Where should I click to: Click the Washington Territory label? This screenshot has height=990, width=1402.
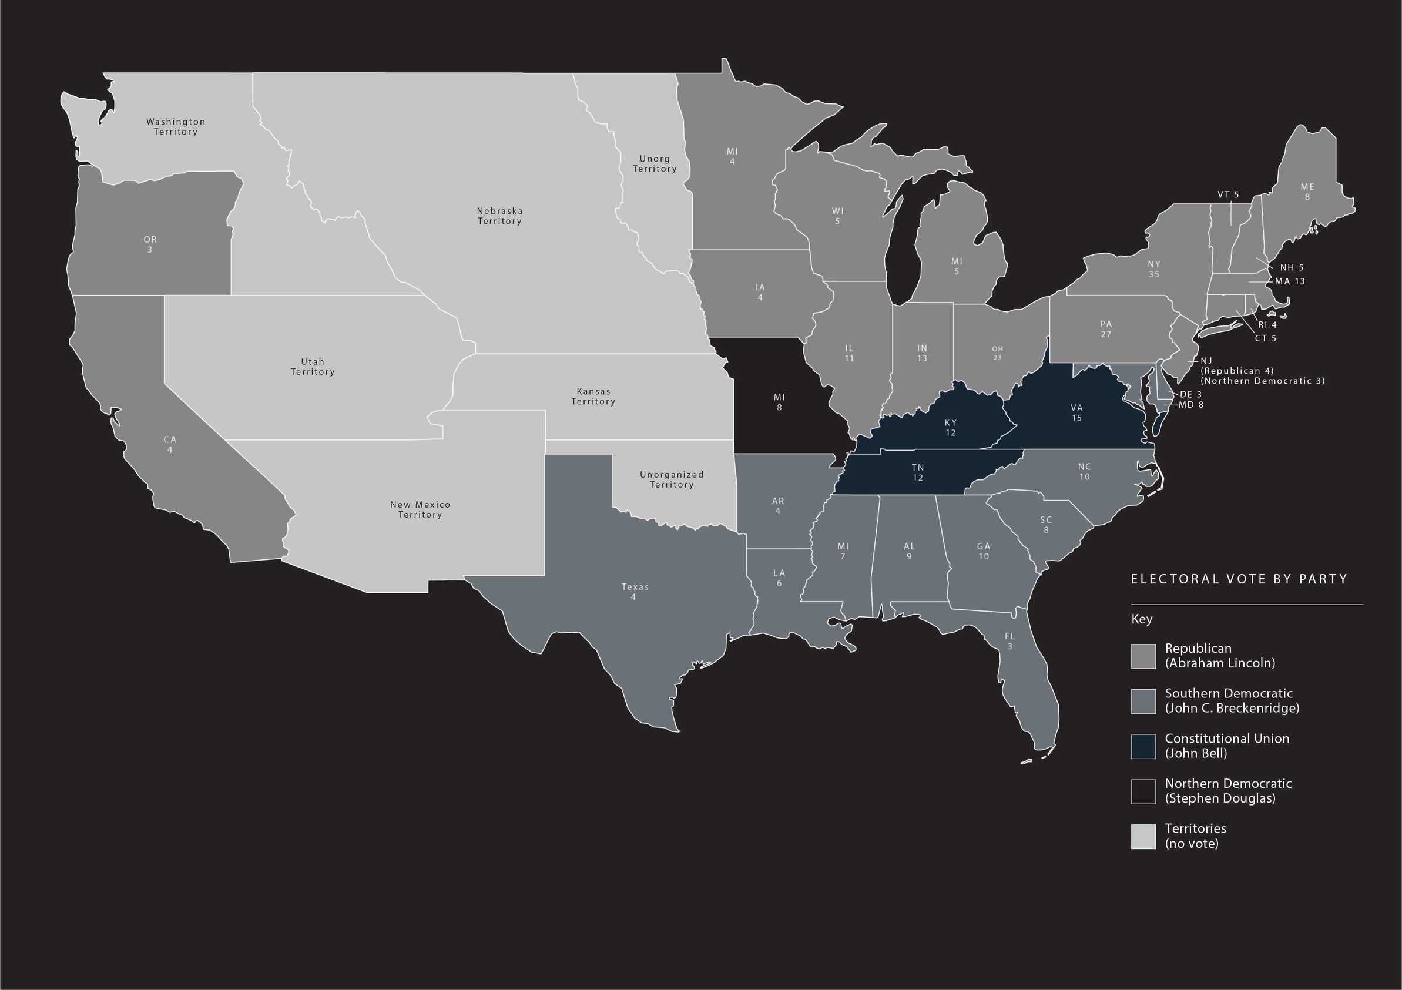click(x=176, y=126)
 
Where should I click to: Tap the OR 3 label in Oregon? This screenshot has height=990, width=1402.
click(x=150, y=244)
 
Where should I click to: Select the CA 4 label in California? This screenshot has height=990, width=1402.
click(x=170, y=444)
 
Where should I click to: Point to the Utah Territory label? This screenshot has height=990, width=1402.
click(x=313, y=367)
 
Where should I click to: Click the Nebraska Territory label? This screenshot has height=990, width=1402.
click(x=499, y=216)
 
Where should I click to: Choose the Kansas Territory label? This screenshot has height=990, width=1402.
click(x=593, y=396)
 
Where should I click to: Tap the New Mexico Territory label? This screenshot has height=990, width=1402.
click(x=420, y=509)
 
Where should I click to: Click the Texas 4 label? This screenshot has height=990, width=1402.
click(x=635, y=591)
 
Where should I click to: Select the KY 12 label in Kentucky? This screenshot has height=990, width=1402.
click(x=951, y=428)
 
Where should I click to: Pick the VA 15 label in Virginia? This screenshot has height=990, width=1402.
click(x=1076, y=412)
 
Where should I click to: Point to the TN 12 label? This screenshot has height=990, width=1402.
click(x=918, y=472)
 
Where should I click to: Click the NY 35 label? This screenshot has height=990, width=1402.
click(x=1153, y=269)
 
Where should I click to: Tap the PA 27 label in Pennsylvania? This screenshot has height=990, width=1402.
click(x=1106, y=328)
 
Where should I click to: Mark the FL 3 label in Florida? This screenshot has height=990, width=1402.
click(x=1009, y=641)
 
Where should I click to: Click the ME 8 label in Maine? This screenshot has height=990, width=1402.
click(x=1307, y=192)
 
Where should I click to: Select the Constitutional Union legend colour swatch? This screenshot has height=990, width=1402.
click(x=1143, y=746)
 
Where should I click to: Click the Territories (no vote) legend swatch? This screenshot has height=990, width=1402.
click(x=1143, y=836)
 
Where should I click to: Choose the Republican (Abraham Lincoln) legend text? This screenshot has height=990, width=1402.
click(x=1219, y=655)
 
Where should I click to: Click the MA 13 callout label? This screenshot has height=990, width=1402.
click(x=1290, y=281)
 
